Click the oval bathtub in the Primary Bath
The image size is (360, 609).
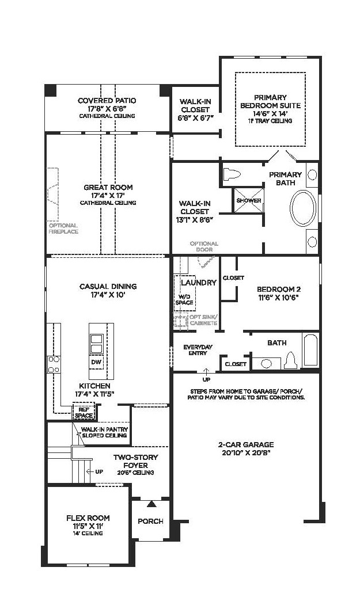[303, 208]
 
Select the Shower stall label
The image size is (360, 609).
[249, 200]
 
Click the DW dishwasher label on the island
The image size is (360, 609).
[96, 362]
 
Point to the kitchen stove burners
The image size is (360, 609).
[54, 364]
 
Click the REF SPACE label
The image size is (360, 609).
[84, 413]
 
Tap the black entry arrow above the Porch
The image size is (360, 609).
[151, 504]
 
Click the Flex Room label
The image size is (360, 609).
[88, 517]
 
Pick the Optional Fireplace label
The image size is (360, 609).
[63, 229]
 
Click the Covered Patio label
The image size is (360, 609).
[107, 101]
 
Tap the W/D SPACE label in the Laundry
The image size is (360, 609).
[184, 299]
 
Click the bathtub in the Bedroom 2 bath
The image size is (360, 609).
[310, 349]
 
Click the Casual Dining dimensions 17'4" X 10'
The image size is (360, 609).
[108, 295]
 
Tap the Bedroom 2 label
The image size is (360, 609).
[279, 290]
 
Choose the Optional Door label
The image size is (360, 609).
[204, 246]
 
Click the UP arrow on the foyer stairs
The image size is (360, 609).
[90, 471]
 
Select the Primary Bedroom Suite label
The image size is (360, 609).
[270, 101]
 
